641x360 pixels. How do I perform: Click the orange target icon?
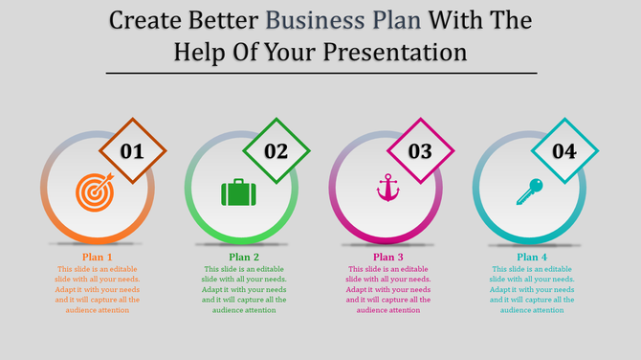click(94, 191)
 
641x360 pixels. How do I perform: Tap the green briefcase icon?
click(238, 192)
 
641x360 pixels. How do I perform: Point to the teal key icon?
click(529, 191)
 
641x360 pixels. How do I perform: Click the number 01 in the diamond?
click(132, 151)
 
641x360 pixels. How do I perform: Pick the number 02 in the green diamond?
click(276, 151)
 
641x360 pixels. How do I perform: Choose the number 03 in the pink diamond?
click(420, 151)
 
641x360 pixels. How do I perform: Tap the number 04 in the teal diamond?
click(564, 151)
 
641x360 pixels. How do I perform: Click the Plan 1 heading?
click(98, 257)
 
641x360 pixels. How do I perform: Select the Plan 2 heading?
click(244, 257)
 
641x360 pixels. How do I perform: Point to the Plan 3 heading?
click(388, 257)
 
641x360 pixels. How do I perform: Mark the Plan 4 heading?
click(533, 257)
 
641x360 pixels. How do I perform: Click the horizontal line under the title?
click(320, 73)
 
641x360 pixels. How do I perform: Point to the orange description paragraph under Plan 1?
click(98, 289)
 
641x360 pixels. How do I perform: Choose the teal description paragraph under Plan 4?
click(533, 289)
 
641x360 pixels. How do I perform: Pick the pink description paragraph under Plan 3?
click(388, 289)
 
